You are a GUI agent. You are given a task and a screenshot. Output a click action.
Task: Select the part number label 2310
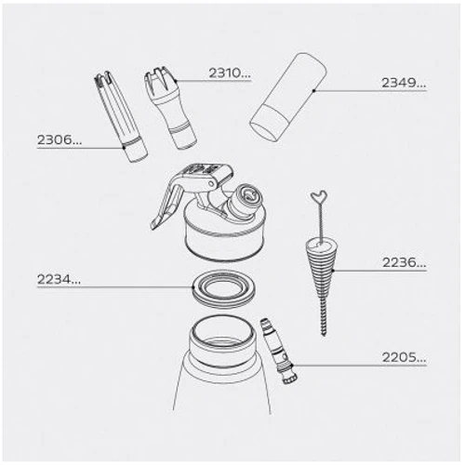pyautogui.click(x=229, y=72)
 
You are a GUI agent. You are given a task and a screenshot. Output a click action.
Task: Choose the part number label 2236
pyautogui.click(x=404, y=263)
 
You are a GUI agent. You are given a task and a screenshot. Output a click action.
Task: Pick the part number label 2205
pyautogui.click(x=404, y=356)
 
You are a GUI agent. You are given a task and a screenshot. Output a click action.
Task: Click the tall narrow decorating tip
pyautogui.click(x=118, y=116)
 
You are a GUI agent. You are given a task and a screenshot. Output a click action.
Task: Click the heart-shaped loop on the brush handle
pyautogui.click(x=318, y=198)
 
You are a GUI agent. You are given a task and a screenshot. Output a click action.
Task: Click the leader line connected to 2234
pyautogui.click(x=139, y=285)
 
